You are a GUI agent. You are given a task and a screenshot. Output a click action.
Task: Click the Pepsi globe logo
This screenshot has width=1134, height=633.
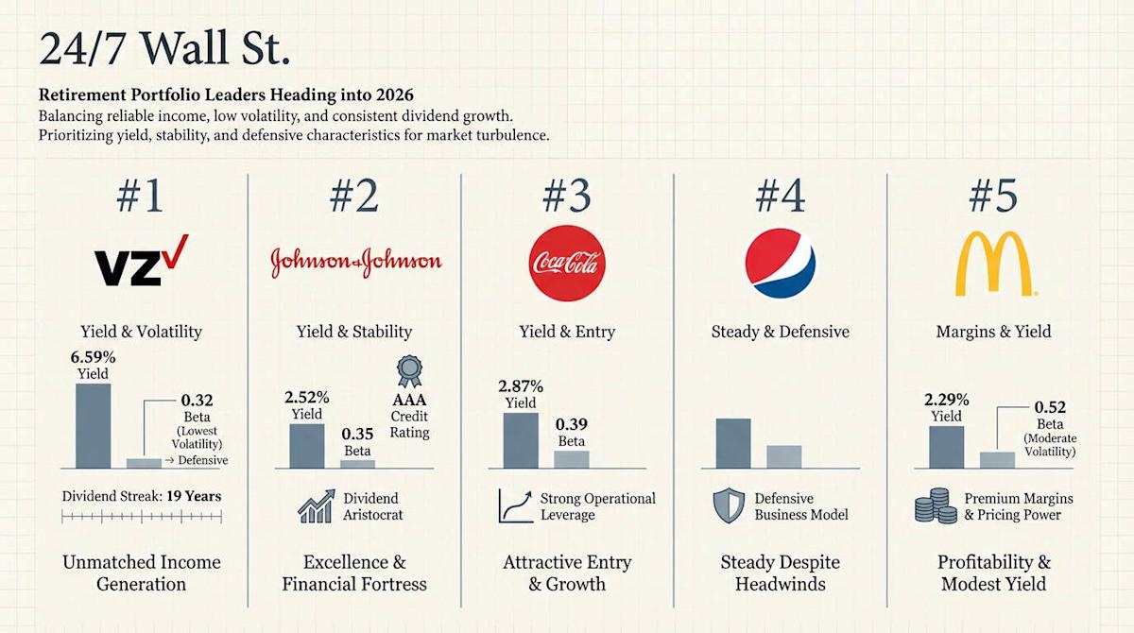(781, 260)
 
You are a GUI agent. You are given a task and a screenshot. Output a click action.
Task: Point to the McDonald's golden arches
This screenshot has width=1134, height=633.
(994, 263)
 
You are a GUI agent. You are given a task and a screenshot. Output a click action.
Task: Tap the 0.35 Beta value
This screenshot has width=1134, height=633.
(357, 435)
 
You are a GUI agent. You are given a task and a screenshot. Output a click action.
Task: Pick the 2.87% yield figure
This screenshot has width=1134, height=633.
(521, 386)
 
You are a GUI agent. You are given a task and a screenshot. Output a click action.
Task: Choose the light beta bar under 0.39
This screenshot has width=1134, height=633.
(571, 458)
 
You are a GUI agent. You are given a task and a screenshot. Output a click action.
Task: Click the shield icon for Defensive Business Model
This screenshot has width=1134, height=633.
(727, 505)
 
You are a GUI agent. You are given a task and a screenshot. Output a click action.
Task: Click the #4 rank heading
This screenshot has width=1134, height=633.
(781, 196)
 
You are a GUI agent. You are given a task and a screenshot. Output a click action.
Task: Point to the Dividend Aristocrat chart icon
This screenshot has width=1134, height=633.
(314, 505)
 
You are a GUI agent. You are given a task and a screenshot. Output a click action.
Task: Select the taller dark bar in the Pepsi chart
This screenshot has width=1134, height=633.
(733, 442)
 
